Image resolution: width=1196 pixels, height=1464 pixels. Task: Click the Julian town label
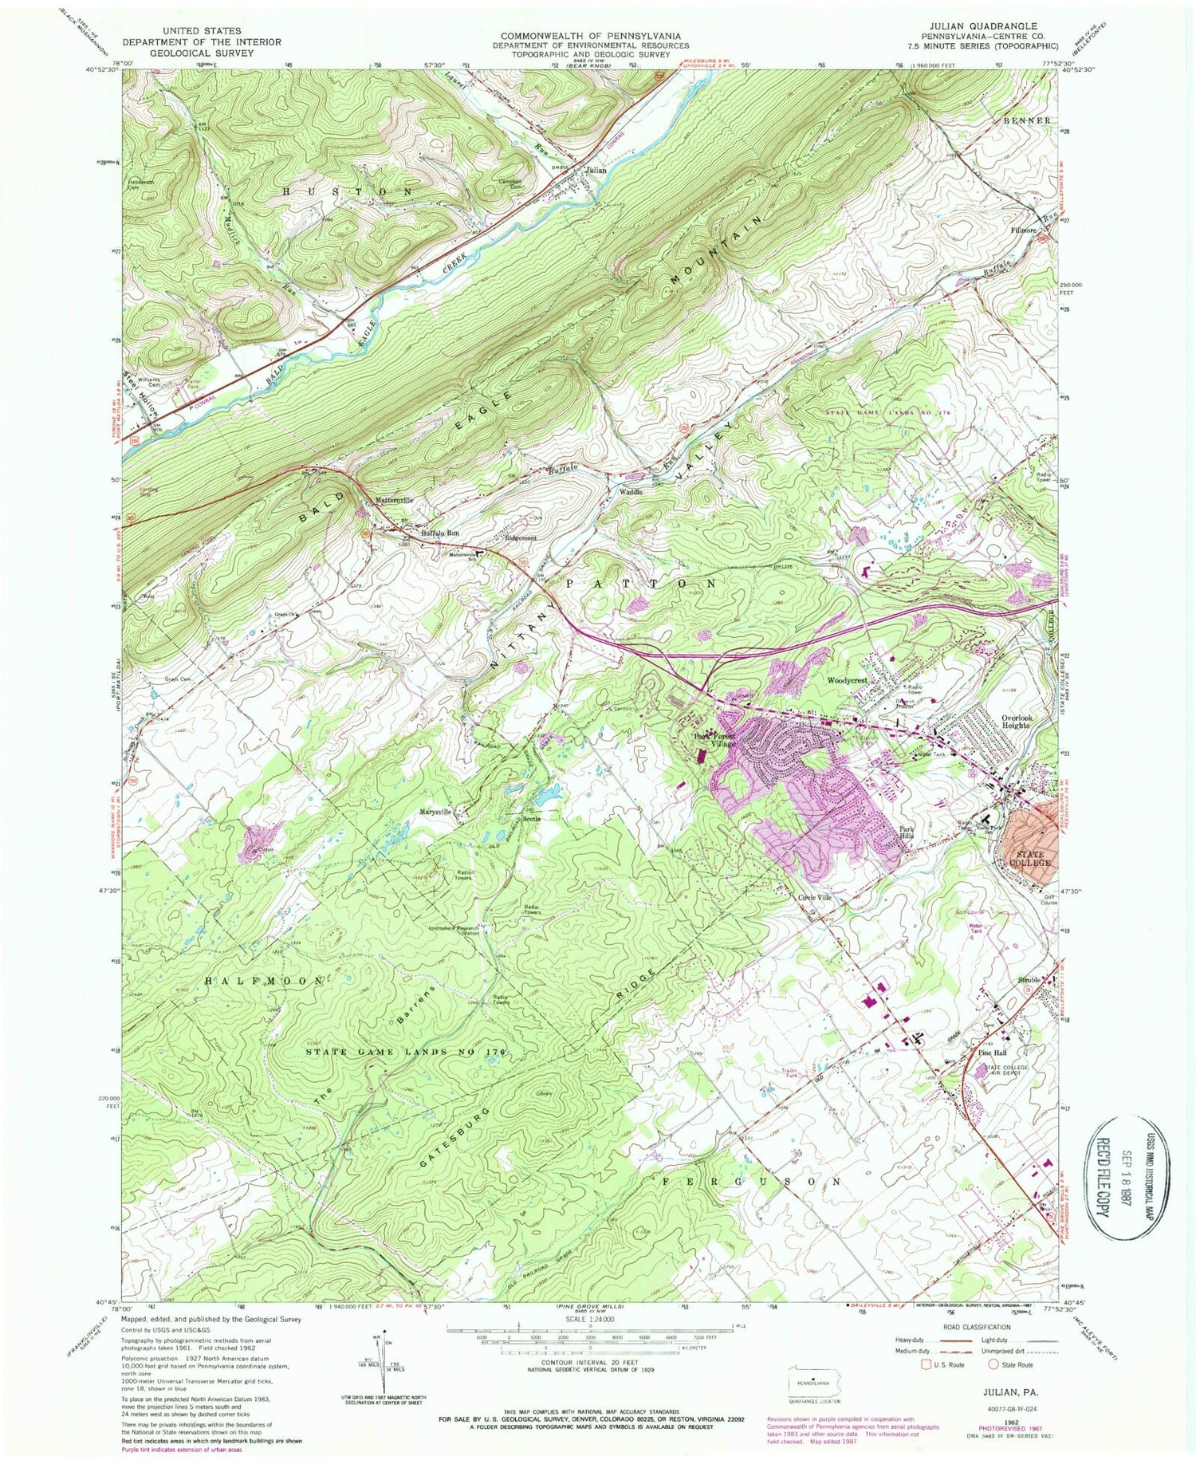595,171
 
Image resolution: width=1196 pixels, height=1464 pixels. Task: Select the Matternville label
395,500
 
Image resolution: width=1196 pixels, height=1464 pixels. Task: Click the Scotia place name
531,819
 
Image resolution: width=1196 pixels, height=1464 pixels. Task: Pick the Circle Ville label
815,897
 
